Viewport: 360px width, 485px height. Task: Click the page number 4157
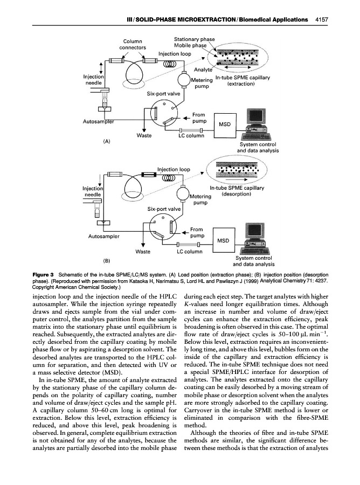(x=321, y=19)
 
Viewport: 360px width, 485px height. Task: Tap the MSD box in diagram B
(x=224, y=240)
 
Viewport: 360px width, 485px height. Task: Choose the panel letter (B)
(x=107, y=261)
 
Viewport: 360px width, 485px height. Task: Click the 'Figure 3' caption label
(x=44, y=275)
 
